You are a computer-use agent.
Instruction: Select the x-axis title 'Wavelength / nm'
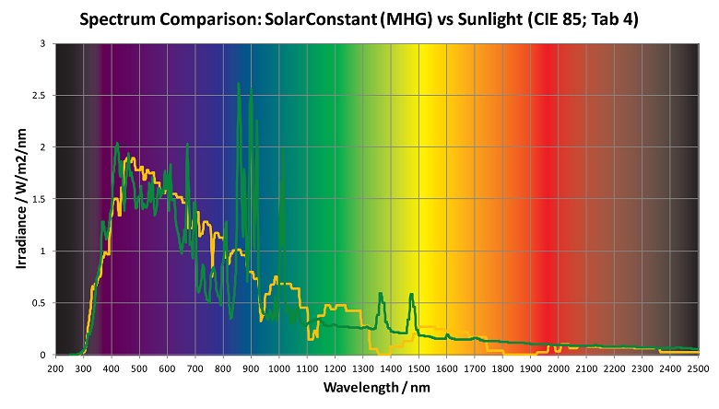pyautogui.click(x=376, y=388)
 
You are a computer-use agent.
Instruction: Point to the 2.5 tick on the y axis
pyautogui.click(x=41, y=95)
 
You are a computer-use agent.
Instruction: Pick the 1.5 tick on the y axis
pyautogui.click(x=41, y=199)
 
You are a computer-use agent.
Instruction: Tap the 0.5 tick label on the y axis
pyautogui.click(x=41, y=303)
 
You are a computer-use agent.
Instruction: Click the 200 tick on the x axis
pyautogui.click(x=55, y=368)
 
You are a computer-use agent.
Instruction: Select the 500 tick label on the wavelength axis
pyautogui.click(x=139, y=368)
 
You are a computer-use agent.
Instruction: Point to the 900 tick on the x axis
pyautogui.click(x=251, y=368)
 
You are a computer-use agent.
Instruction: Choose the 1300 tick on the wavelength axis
pyautogui.click(x=362, y=368)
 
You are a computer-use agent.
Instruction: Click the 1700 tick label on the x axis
pyautogui.click(x=475, y=368)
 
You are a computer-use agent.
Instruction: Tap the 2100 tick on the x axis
pyautogui.click(x=586, y=368)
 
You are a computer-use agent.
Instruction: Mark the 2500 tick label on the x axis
pyautogui.click(x=698, y=368)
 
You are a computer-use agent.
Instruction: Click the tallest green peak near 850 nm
pyautogui.click(x=239, y=85)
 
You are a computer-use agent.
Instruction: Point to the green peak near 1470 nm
pyautogui.click(x=411, y=295)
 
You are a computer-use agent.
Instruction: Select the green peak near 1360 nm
pyautogui.click(x=380, y=294)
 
